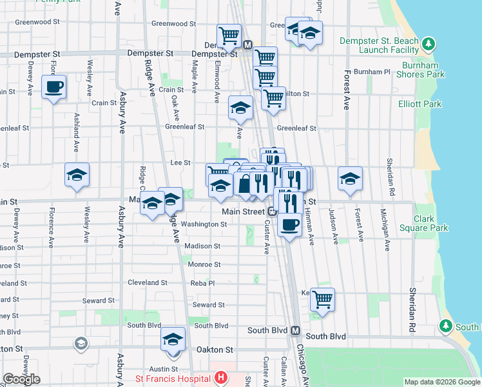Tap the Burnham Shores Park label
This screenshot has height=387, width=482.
(423, 70)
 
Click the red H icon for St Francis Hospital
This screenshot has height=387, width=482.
(220, 377)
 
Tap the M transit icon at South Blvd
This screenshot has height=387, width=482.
(296, 331)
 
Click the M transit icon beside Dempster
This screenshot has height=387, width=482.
(248, 45)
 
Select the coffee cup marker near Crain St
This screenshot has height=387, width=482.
(53, 86)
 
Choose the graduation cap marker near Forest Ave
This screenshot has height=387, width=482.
(351, 178)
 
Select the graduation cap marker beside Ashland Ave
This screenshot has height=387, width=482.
(77, 174)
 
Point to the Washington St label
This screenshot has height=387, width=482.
(204, 224)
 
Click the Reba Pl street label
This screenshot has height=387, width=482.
(202, 283)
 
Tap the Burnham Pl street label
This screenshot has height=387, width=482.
(376, 72)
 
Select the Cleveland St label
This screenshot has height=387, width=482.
(147, 283)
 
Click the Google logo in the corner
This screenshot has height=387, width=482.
(21, 379)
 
